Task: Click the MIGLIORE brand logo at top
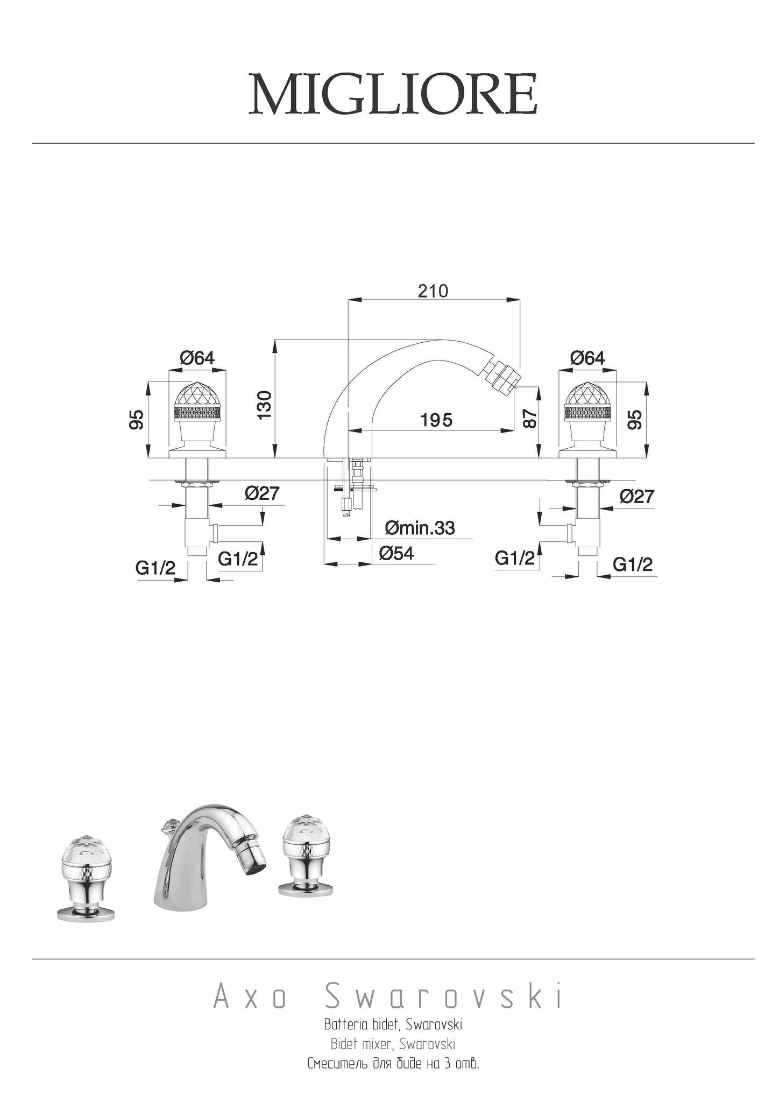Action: tap(393, 94)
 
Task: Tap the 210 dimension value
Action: tap(433, 291)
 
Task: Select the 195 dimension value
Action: tap(436, 420)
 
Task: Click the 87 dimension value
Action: tap(530, 419)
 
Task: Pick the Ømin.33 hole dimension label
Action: tap(420, 528)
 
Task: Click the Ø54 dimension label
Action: tap(396, 553)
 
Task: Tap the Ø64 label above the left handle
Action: tap(197, 358)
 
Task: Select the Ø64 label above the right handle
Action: tap(587, 358)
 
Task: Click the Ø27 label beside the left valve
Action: tap(263, 493)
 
